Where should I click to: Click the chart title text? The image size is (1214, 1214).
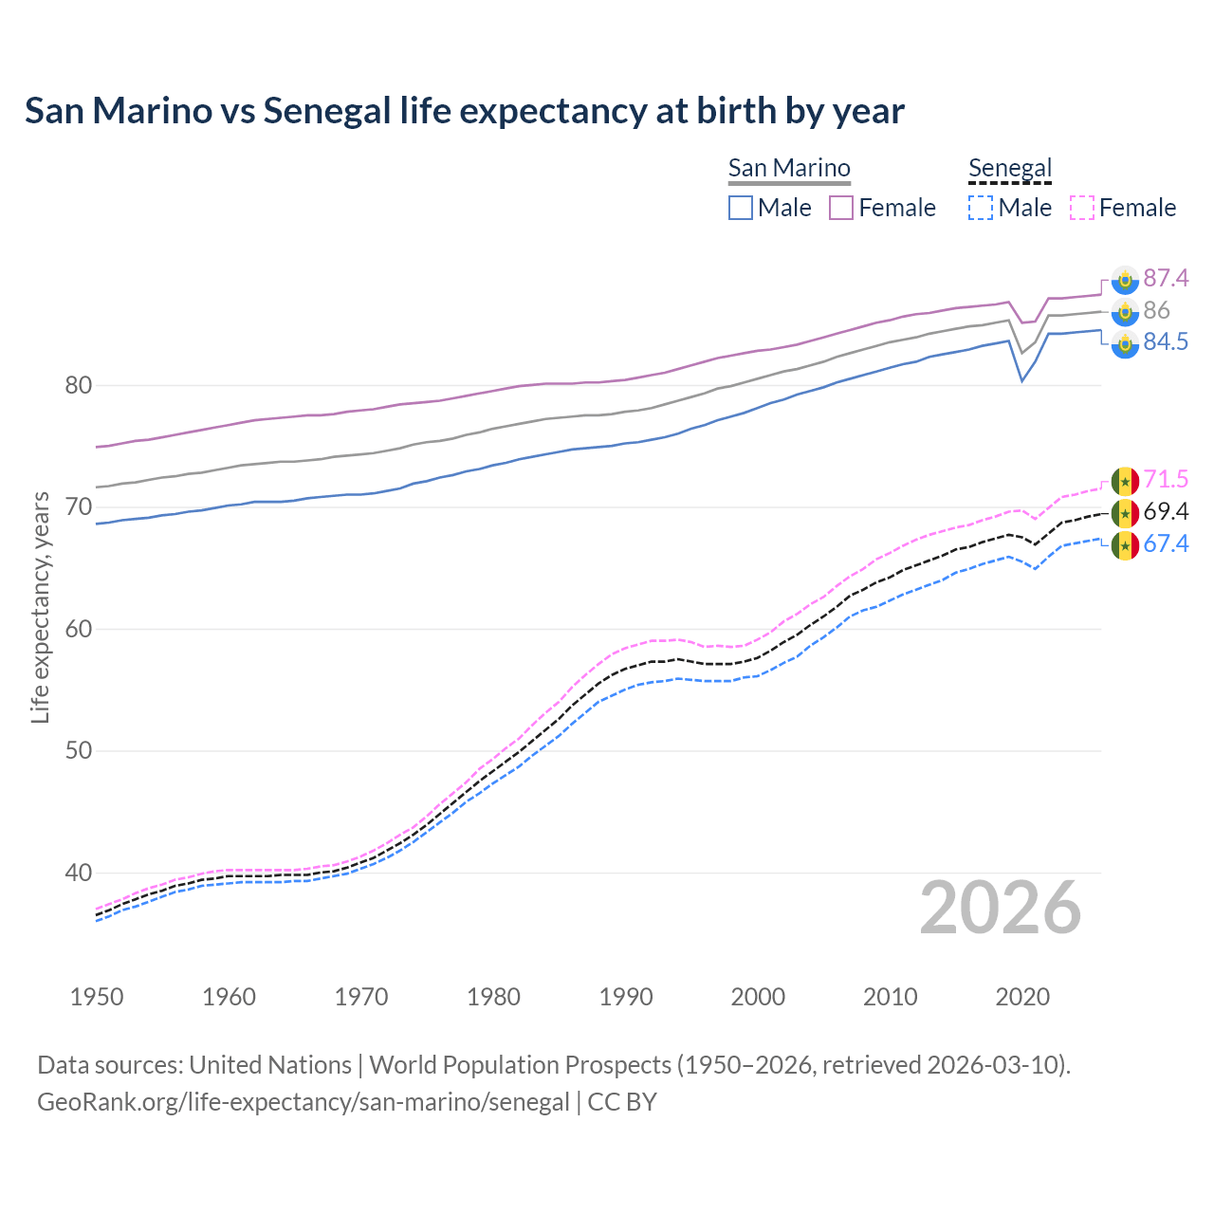pyautogui.click(x=465, y=111)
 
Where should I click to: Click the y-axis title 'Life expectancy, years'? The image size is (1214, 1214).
pyautogui.click(x=40, y=607)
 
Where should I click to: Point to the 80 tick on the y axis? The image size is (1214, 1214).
pyautogui.click(x=79, y=386)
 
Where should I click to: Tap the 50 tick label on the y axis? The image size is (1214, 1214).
pyautogui.click(x=79, y=751)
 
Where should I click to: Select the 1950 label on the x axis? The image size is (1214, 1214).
pyautogui.click(x=97, y=997)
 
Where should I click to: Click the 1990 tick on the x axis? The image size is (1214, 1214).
pyautogui.click(x=626, y=997)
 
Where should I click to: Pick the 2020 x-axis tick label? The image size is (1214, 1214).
pyautogui.click(x=1022, y=997)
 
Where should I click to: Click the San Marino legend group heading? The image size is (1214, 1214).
pyautogui.click(x=789, y=168)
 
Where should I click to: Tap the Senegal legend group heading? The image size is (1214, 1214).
pyautogui.click(x=1010, y=168)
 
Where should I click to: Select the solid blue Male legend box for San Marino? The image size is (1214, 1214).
pyautogui.click(x=741, y=208)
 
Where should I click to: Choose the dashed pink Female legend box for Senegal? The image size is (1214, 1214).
pyautogui.click(x=1082, y=208)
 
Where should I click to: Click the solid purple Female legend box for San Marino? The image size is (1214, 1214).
pyautogui.click(x=841, y=208)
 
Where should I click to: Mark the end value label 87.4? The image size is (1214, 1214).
pyautogui.click(x=1166, y=278)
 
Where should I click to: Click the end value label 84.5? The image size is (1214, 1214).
pyautogui.click(x=1166, y=342)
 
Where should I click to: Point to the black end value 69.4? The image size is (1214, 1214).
pyautogui.click(x=1166, y=512)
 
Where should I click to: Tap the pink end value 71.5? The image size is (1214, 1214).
pyautogui.click(x=1166, y=479)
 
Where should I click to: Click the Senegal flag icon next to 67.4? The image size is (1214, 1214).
pyautogui.click(x=1125, y=545)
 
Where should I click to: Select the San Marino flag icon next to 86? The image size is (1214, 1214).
pyautogui.click(x=1125, y=311)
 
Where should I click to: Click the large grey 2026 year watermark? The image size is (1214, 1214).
pyautogui.click(x=1001, y=908)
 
